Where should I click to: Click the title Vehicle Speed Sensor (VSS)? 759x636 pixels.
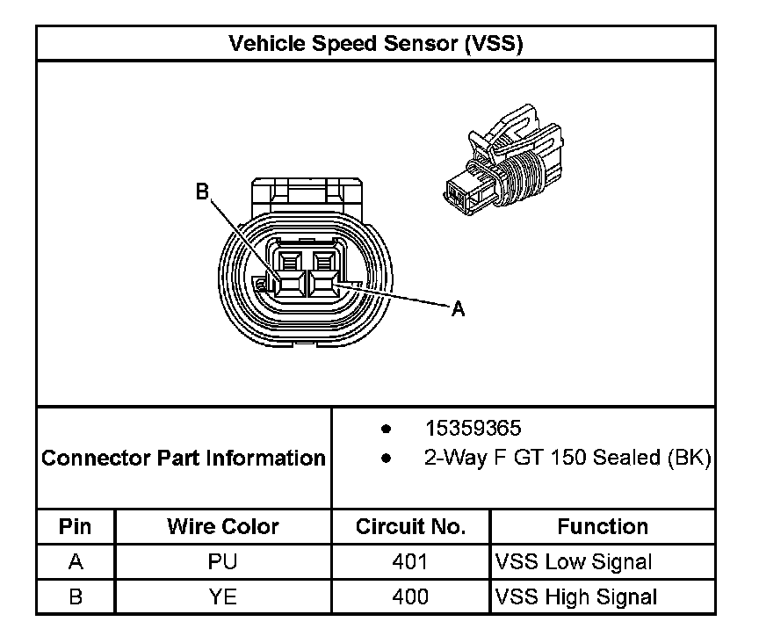click(x=375, y=43)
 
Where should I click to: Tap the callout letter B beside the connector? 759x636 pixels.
click(x=202, y=192)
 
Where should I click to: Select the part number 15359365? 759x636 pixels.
click(x=473, y=429)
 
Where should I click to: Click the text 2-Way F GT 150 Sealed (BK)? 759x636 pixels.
click(x=567, y=458)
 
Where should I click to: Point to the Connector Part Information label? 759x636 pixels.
click(x=184, y=458)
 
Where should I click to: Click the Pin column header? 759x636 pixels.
click(x=76, y=527)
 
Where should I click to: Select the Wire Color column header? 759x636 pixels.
click(x=223, y=527)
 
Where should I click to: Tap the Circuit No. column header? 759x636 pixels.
click(x=410, y=527)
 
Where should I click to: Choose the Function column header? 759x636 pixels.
click(x=603, y=527)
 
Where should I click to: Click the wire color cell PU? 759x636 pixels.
click(x=223, y=562)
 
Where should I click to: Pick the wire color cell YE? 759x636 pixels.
click(x=223, y=597)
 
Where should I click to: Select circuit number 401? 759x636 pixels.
click(x=410, y=562)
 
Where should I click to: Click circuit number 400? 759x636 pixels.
click(x=410, y=597)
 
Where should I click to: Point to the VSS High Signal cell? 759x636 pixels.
click(x=576, y=597)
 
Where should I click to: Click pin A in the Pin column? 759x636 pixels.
click(x=76, y=562)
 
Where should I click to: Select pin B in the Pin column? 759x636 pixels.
click(x=76, y=597)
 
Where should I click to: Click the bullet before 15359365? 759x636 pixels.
click(x=386, y=430)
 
